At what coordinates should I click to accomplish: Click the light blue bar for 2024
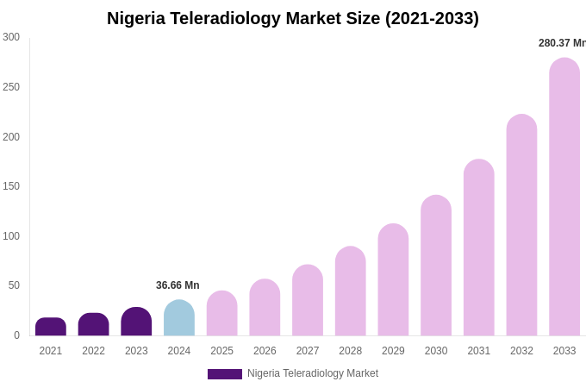[x=179, y=318]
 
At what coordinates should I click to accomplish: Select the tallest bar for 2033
[x=564, y=197]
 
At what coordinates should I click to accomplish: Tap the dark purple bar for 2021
[x=51, y=327]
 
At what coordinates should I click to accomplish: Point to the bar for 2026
[x=265, y=308]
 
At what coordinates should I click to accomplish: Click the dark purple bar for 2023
[x=136, y=322]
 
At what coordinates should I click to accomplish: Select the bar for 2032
[x=521, y=225]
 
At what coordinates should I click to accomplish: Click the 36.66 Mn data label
[x=178, y=285]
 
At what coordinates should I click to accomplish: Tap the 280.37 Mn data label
[x=562, y=43]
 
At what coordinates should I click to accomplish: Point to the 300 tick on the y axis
[x=11, y=37]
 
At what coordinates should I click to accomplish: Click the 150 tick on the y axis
[x=11, y=186]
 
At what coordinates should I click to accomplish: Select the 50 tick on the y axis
[x=14, y=285]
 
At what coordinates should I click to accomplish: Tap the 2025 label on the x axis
[x=221, y=351]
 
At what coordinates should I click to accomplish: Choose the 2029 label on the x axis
[x=393, y=351]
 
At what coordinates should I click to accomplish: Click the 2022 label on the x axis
[x=93, y=351]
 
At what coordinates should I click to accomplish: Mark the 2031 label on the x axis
[x=478, y=351]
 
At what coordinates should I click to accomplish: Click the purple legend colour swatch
[x=225, y=374]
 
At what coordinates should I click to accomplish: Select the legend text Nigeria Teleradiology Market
[x=313, y=373]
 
